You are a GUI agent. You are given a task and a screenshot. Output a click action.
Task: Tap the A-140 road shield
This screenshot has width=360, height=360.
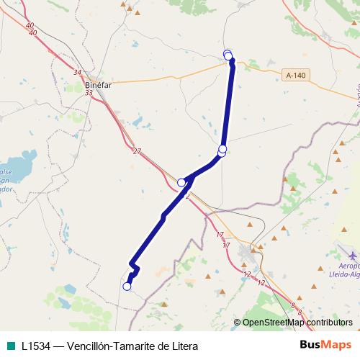[x=295, y=75]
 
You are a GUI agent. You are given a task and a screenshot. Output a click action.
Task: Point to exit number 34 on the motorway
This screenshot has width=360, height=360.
[x=78, y=72]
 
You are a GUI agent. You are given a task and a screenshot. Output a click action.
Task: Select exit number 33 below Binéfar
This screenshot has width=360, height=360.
[x=89, y=93]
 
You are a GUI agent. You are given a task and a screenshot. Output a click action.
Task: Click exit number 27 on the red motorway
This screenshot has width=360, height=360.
[x=137, y=150]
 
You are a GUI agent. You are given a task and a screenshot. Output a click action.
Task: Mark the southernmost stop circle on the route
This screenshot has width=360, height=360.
[x=127, y=287]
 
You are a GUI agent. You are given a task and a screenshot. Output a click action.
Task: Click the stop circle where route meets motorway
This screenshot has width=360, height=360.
[x=182, y=183]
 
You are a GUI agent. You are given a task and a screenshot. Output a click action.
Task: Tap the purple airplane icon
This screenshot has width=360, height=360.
[x=352, y=255]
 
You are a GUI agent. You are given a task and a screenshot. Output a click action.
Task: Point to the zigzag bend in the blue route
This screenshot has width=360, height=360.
[x=134, y=270]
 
